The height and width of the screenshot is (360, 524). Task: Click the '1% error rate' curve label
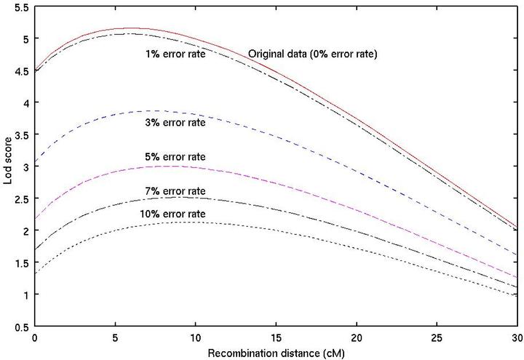click(175, 53)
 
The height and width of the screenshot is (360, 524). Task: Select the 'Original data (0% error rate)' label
click(312, 54)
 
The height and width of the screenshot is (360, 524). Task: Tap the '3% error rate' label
click(175, 122)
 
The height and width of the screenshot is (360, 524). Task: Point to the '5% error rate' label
click(175, 157)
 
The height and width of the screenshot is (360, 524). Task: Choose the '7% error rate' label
click(175, 191)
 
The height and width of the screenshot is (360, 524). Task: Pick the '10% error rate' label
click(172, 214)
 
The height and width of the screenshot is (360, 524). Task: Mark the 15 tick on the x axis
click(276, 337)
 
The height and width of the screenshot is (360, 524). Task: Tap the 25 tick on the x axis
click(436, 337)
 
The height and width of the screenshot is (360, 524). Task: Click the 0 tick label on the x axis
click(34, 337)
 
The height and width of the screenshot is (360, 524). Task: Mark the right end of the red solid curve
click(516, 227)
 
